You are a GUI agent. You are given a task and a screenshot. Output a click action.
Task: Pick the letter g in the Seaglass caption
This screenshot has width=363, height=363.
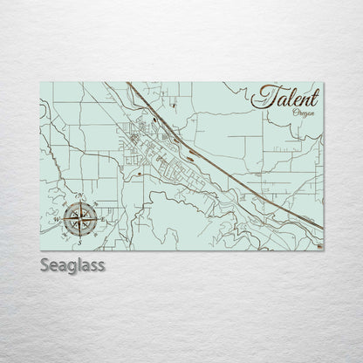point(73,267)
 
